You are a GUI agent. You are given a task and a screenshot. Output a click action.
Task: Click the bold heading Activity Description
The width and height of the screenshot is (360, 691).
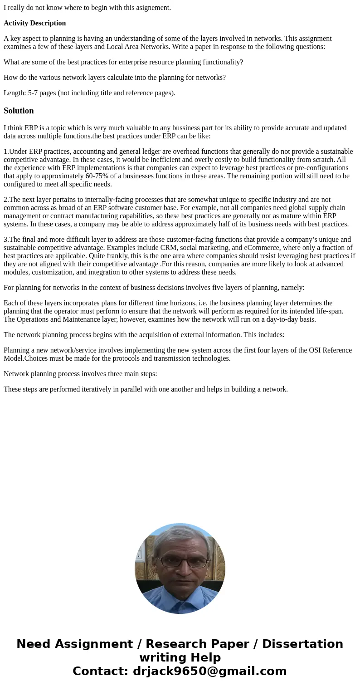pos(35,23)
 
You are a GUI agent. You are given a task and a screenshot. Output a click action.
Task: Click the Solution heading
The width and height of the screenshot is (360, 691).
pos(19,111)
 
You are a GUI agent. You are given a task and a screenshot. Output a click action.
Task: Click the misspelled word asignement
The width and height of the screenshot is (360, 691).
pos(151,7)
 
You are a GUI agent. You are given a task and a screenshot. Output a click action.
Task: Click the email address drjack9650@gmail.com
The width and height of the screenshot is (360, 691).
pos(210,671)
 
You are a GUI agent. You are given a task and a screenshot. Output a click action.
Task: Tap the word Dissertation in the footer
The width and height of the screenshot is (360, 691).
pos(302,644)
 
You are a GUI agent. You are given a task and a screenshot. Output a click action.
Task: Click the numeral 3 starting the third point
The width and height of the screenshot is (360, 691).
pos(5,240)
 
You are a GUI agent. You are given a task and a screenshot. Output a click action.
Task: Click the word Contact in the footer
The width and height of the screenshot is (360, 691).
pos(100,671)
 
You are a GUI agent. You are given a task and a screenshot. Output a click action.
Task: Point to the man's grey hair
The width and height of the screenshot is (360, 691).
pos(180,536)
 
